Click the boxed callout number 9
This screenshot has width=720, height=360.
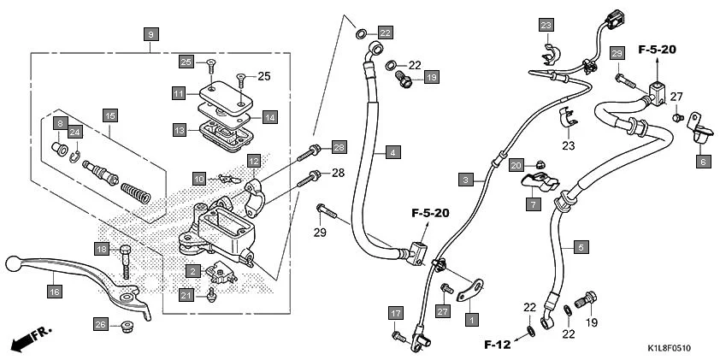coord(150,34)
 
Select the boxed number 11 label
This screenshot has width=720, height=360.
coord(178,92)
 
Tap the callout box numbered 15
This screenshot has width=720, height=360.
coord(109,115)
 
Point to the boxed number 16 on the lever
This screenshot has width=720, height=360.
coord(54,292)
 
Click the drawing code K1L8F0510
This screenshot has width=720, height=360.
coord(663,349)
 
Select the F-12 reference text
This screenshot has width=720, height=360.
coord(498,345)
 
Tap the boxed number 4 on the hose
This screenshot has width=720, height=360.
coord(392,152)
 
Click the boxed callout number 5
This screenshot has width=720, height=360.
coord(581,247)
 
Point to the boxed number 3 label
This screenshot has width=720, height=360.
coord(465,180)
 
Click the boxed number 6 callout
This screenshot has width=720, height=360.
coord(703,161)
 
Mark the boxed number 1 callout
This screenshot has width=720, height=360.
coord(469,318)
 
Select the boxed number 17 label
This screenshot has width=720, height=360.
coord(395,313)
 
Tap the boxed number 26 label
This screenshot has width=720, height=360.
coord(101,324)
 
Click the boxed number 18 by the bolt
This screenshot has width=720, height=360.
coord(102,249)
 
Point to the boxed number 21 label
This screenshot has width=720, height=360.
coord(186,295)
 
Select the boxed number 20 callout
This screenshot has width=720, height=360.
coord(516,164)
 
